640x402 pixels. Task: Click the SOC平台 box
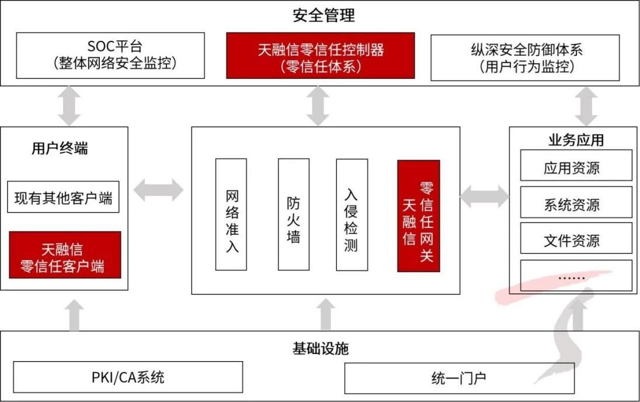click(110, 56)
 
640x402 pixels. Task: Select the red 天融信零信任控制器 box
click(321, 56)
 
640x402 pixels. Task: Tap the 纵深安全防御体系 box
click(525, 57)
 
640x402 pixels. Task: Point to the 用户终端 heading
click(60, 148)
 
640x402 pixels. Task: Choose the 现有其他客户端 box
click(64, 199)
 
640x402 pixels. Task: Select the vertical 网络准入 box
click(231, 214)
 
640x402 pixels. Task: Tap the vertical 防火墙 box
click(293, 214)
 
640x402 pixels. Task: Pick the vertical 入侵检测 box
click(352, 214)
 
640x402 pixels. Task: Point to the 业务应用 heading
click(576, 140)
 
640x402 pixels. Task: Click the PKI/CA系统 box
click(128, 377)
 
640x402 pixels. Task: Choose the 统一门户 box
click(459, 378)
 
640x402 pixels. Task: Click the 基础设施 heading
click(320, 349)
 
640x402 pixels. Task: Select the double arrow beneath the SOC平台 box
click(69, 106)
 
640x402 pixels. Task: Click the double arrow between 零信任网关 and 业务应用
click(484, 196)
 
